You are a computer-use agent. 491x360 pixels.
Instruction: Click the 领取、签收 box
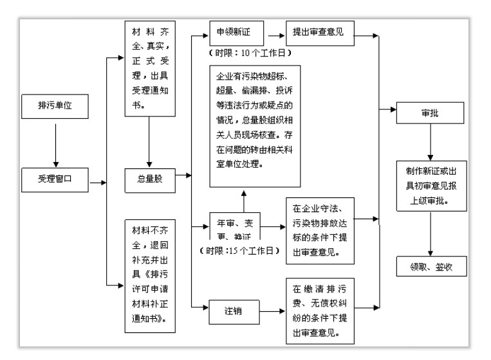430,265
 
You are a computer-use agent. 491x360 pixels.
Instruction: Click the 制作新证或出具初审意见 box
430,185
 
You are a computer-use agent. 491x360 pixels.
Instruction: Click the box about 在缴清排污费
320,310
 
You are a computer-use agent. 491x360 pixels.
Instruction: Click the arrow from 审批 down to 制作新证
430,142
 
